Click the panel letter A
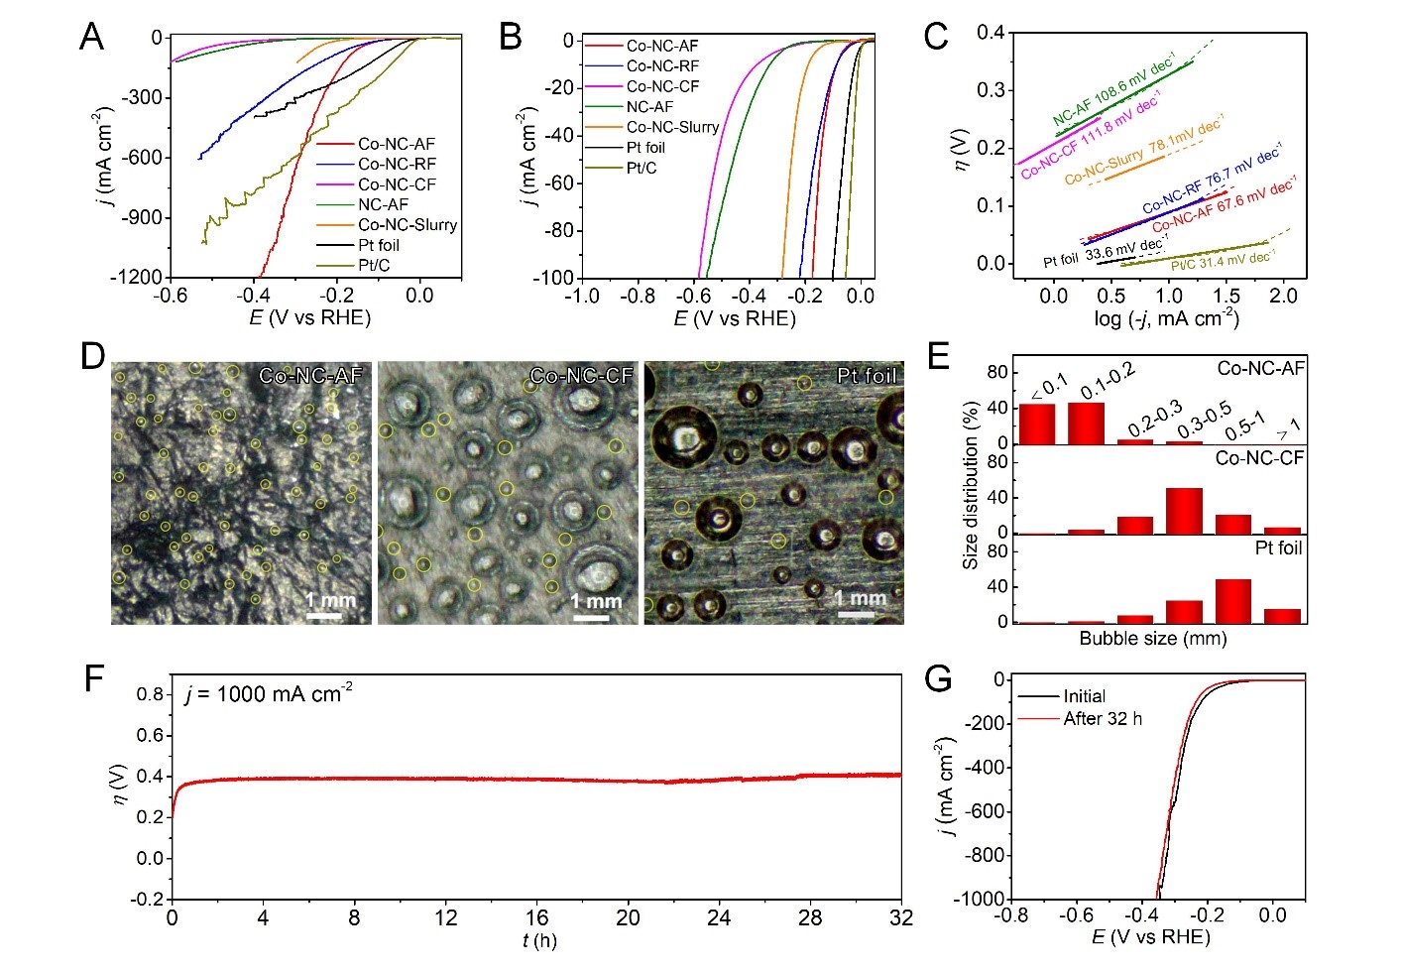click(x=91, y=38)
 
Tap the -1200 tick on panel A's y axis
click(x=136, y=278)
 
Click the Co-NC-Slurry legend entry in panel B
click(x=672, y=127)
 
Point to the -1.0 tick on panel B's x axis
click(x=581, y=296)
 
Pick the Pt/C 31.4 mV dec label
click(x=1223, y=261)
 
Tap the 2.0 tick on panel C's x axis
click(x=1283, y=296)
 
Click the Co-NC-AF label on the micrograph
click(x=310, y=376)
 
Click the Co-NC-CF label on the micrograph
click(x=581, y=376)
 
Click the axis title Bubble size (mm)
click(x=1153, y=639)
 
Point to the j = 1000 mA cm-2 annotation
click(x=269, y=694)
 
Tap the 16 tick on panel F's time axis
click(x=536, y=917)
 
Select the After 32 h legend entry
click(x=1103, y=718)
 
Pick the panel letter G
click(x=938, y=680)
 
